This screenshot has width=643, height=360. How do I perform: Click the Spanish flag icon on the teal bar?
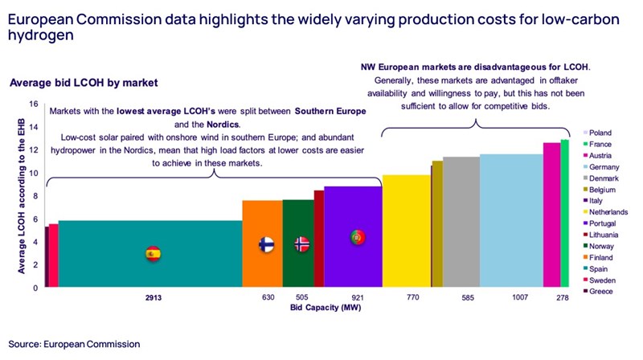pos(153,254)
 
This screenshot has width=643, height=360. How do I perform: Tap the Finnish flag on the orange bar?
pos(267,244)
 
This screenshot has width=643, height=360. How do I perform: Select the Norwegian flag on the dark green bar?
pos(301,244)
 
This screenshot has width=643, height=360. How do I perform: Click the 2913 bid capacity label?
pos(154,297)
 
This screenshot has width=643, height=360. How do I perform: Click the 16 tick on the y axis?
pos(34,104)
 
